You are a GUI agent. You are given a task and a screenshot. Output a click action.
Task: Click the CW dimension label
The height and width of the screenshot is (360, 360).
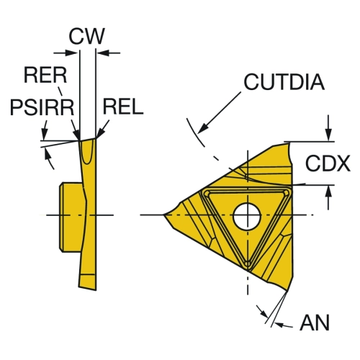86,36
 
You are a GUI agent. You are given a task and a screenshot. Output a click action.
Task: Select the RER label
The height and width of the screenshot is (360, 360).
45,75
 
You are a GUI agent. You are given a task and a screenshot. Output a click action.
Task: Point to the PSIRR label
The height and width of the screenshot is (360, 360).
42,108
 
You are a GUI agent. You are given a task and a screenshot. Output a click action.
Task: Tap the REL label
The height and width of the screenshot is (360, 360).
123,107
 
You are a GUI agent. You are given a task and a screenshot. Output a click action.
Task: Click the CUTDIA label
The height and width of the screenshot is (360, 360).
284,82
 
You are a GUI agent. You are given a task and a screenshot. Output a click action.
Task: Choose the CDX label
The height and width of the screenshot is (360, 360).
328,163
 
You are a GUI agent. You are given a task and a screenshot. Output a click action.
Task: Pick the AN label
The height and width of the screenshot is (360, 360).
315,323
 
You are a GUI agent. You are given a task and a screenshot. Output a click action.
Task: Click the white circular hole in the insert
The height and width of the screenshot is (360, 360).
247,215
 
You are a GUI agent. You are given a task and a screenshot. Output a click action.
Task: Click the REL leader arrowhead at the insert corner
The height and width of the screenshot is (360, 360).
100,134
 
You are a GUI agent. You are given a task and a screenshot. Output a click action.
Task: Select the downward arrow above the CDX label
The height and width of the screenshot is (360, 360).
329,133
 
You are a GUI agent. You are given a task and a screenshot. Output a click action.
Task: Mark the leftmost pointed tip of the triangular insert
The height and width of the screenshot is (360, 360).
163,215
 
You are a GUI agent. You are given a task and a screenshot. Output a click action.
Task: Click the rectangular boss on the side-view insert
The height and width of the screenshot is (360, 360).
71,217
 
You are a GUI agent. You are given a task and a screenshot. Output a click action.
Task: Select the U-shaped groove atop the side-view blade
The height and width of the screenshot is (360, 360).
87,152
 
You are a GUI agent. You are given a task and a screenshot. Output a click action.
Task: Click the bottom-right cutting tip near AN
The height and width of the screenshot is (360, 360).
287,292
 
